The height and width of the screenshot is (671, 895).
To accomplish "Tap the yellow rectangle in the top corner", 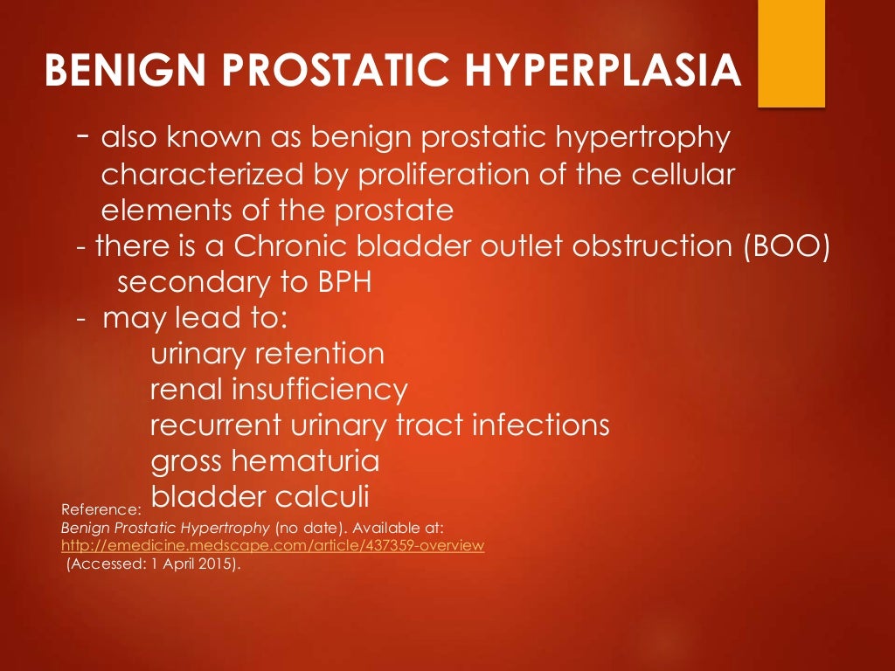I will click(x=791, y=53).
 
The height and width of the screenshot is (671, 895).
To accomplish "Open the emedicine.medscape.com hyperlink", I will click(x=272, y=545).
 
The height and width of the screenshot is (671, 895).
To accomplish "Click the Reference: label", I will click(x=101, y=508).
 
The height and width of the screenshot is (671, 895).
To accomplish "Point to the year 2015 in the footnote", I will click(x=219, y=564).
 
